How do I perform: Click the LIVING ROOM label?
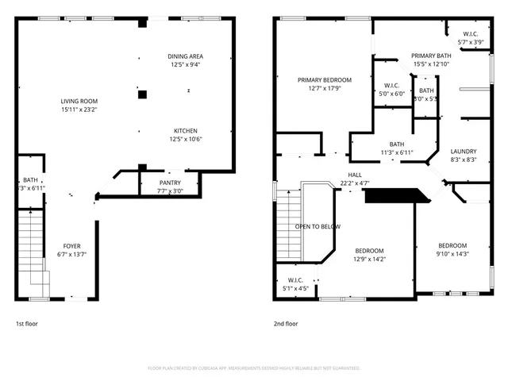click(79, 101)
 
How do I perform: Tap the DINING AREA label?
click(185, 56)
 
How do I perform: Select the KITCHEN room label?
click(186, 130)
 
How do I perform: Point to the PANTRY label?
click(170, 183)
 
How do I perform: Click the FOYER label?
click(71, 246)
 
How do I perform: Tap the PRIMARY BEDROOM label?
click(324, 80)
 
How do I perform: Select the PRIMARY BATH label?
click(431, 56)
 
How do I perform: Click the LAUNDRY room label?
click(463, 151)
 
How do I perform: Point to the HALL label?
click(355, 175)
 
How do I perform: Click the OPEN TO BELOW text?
click(317, 226)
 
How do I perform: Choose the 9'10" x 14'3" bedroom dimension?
click(452, 254)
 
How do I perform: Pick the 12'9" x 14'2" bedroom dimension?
click(369, 258)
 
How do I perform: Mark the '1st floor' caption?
click(27, 324)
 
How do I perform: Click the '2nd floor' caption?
click(286, 324)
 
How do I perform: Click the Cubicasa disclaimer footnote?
click(254, 368)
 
